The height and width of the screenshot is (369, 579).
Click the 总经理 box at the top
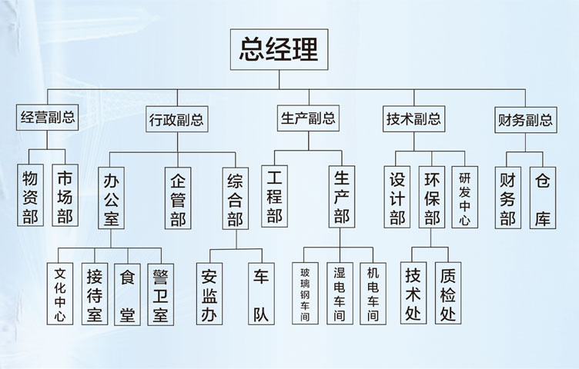pos(279,50)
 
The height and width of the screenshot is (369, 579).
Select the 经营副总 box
pos(47,118)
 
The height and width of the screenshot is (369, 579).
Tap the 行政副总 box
pos(176,120)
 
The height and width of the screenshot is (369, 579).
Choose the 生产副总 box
pos(307,118)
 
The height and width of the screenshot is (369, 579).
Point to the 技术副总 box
pos(413,118)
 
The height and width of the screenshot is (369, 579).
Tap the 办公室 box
pos(111,198)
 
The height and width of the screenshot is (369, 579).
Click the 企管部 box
pos(178,198)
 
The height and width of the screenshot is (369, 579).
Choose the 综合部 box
pos(236,198)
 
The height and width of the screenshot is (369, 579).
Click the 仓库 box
pos(543,198)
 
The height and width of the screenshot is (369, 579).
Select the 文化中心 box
pos(60,294)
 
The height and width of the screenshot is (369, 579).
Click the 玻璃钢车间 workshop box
pos(305,294)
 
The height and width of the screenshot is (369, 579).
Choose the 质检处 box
pos(448,294)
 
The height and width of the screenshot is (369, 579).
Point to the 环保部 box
pos(431,198)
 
